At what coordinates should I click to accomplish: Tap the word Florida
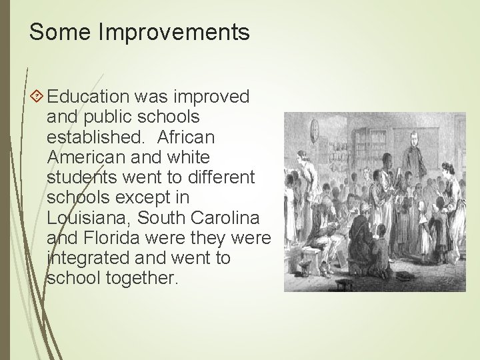[103, 237]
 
